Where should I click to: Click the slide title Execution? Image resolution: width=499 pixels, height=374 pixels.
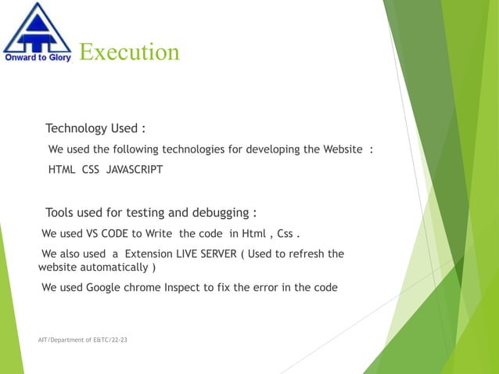[x=129, y=52]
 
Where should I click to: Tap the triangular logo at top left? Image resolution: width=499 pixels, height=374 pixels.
[x=36, y=27]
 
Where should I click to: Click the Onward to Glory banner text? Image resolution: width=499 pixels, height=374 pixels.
[x=37, y=56]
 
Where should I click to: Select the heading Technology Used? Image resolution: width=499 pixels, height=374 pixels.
[x=95, y=128]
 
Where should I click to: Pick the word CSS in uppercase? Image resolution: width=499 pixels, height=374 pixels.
[x=90, y=169]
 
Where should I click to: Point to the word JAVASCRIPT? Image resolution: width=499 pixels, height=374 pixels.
[x=135, y=169]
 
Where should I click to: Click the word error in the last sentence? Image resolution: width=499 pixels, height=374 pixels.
[x=268, y=287]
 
